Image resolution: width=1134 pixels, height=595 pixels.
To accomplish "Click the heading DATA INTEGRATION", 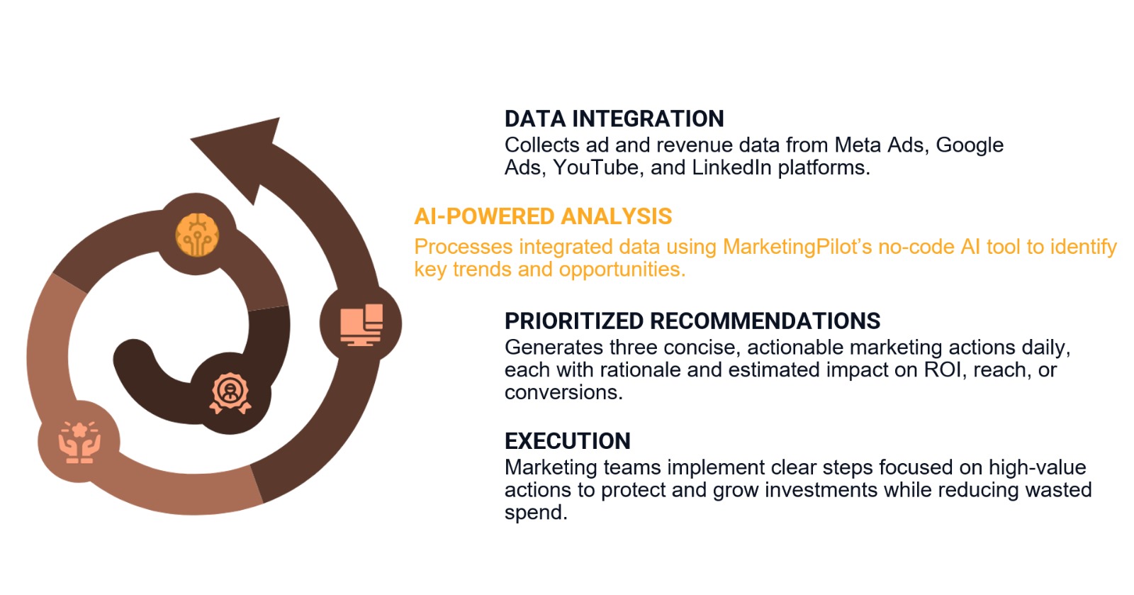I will coord(614,118).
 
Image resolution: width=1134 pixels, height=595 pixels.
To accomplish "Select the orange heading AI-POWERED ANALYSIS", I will coord(543,216).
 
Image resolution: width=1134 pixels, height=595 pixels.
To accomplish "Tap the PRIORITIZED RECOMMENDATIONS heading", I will coord(692,321).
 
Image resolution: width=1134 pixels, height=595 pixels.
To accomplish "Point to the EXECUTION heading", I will coord(567,441).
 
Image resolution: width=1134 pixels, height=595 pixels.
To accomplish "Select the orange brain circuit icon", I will coord(196,234).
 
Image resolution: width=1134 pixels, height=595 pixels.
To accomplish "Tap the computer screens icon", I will coord(361,325).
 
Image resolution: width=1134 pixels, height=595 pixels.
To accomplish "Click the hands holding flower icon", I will coord(79,442).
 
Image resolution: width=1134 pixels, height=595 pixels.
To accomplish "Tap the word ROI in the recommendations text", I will coord(943,370).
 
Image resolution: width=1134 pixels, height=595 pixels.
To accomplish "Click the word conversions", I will coord(563,393).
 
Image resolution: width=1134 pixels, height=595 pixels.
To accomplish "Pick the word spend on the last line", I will coord(535,513).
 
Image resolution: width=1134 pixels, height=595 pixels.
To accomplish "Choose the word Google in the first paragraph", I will coord(970,145).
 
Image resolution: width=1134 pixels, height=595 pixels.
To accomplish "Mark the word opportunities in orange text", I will coord(622,269).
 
